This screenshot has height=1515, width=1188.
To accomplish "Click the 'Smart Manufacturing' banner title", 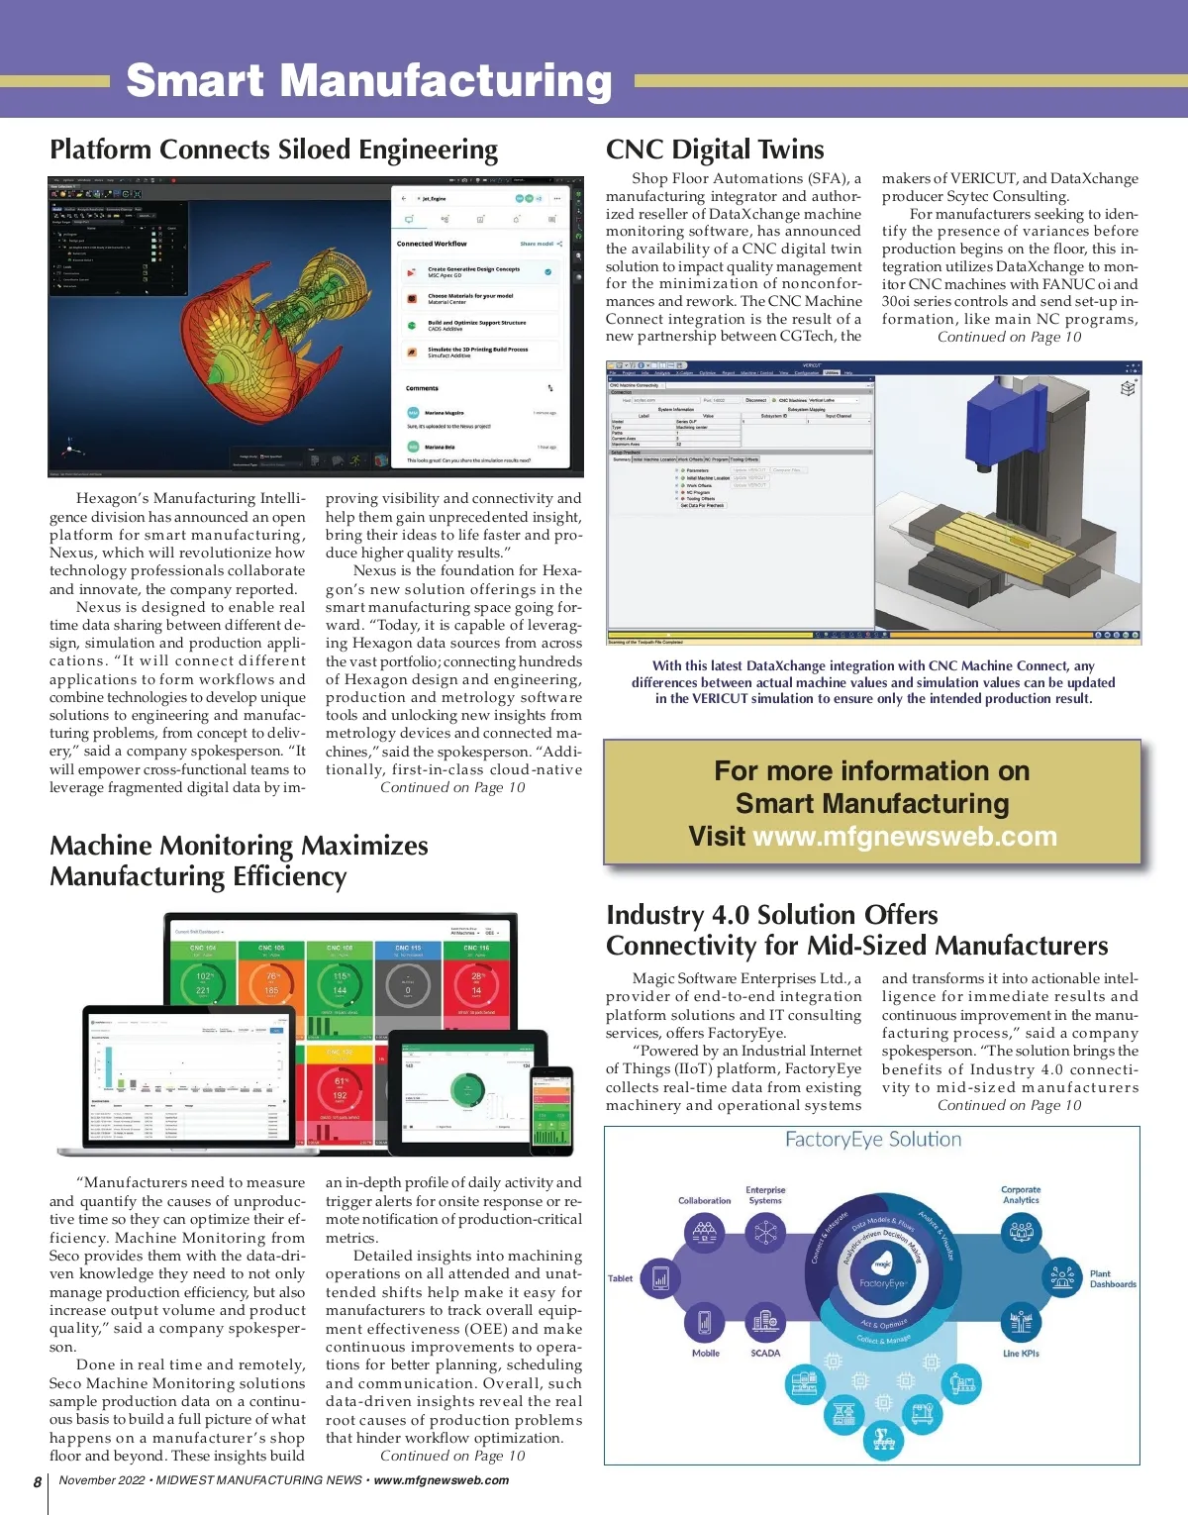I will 368,81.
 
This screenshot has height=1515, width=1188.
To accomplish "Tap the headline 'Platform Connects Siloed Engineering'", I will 273,150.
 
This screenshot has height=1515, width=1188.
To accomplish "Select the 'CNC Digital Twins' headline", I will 715,150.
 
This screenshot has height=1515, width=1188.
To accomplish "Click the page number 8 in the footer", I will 38,1481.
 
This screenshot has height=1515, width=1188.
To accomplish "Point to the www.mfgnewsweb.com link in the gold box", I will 905,837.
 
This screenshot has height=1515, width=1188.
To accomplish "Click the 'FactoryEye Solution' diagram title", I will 873,1140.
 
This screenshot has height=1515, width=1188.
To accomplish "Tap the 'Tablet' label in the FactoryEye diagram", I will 620,1278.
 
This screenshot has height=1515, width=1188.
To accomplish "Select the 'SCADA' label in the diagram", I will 765,1353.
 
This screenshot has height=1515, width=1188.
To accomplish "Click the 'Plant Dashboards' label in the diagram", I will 1113,1279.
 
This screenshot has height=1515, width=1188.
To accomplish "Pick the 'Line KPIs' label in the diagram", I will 1021,1353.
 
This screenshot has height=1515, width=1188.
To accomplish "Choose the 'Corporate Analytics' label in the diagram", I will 1021,1195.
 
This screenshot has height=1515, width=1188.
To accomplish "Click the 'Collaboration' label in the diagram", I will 704,1201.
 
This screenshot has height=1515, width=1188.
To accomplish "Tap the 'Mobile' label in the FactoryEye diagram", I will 706,1353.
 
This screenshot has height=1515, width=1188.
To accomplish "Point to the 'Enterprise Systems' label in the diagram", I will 765,1195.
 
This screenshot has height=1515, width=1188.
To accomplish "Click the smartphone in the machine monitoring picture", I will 552,1111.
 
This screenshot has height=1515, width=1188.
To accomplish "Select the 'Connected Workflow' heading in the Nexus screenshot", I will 432,244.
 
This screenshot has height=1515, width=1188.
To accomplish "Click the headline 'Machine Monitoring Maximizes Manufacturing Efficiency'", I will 239,860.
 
